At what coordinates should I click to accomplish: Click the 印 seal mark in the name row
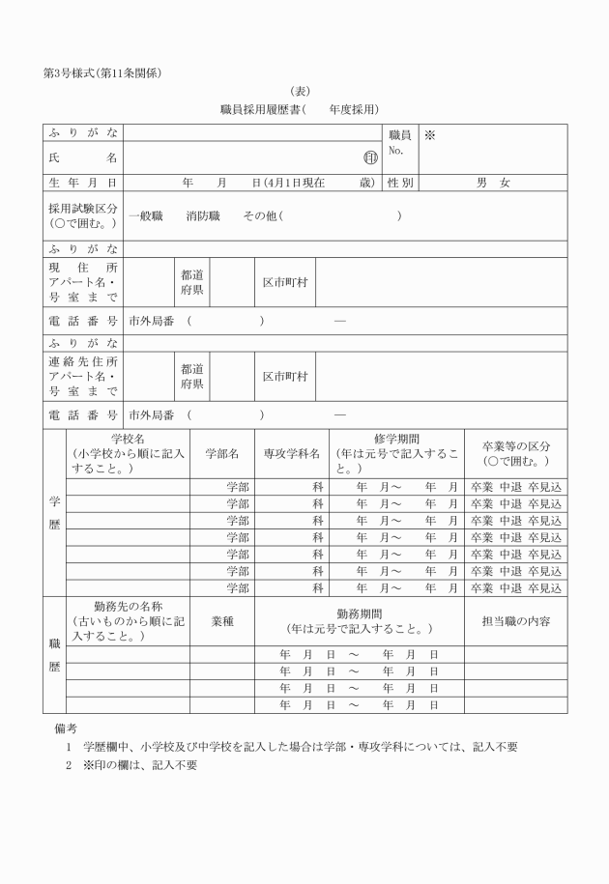click(x=370, y=157)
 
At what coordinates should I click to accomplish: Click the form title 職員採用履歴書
click(x=262, y=110)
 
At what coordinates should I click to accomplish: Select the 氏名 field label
click(x=83, y=157)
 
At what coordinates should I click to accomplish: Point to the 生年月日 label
click(x=83, y=182)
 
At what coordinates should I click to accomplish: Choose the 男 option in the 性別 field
click(x=480, y=182)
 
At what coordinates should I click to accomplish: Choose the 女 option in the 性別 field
click(x=505, y=182)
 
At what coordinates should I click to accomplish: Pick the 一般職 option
click(x=146, y=216)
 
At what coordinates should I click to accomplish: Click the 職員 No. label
click(x=399, y=143)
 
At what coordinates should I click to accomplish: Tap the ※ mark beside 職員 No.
click(x=429, y=136)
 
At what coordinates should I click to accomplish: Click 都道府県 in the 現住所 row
click(x=191, y=282)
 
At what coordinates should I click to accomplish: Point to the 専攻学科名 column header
click(x=291, y=453)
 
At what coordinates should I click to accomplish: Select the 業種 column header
click(x=222, y=622)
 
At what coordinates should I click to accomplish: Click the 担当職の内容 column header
click(x=515, y=622)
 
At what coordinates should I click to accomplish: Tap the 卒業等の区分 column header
click(x=515, y=453)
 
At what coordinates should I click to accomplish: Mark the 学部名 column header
click(x=222, y=453)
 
